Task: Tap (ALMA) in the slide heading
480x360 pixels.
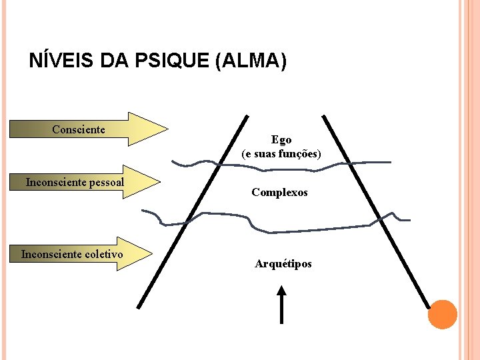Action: [251, 61]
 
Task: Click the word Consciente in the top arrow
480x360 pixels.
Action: [79, 129]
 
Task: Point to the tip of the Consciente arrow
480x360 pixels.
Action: [167, 129]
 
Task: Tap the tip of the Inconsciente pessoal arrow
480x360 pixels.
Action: [160, 182]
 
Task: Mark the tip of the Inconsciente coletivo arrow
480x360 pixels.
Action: [152, 253]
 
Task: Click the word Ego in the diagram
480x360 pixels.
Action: [281, 140]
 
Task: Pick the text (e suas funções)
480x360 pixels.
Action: [281, 154]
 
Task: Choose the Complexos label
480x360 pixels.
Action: [280, 193]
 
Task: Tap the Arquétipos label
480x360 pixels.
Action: [283, 264]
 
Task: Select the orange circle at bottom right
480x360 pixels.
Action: [443, 314]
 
